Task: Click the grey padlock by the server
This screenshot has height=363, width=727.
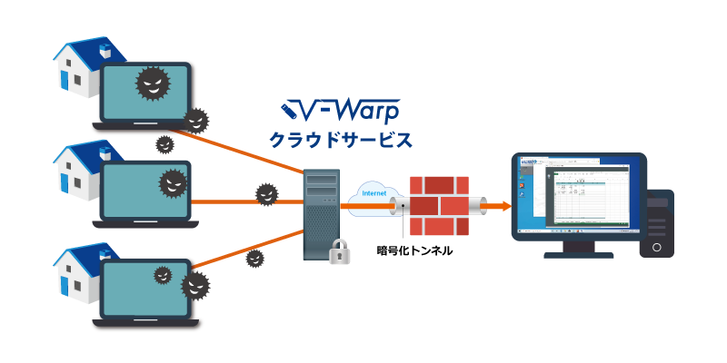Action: [x=339, y=251]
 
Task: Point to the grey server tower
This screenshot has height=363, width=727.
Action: [x=322, y=215]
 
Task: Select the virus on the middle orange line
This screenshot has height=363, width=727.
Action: [x=265, y=193]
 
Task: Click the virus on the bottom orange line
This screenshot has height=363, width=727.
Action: [x=255, y=259]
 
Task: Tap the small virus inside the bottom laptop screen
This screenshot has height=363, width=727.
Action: [x=163, y=274]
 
